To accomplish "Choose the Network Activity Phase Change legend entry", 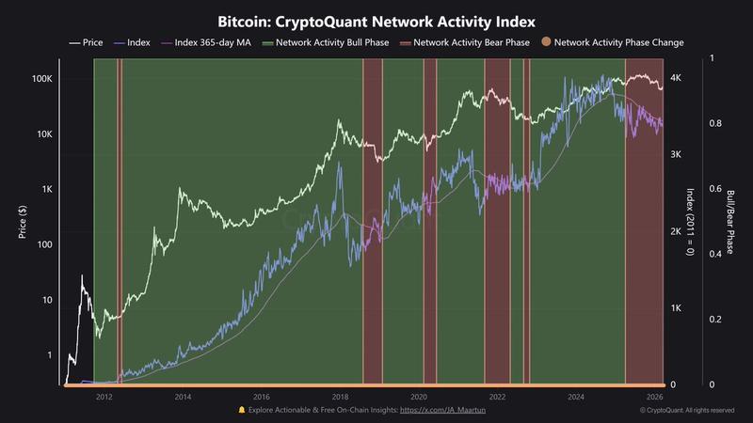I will [618, 42].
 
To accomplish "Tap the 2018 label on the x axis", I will [341, 397].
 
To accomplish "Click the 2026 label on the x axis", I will [656, 397].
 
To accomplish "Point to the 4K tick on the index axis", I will [676, 78].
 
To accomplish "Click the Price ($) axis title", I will [22, 222].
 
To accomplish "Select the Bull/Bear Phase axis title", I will [729, 222].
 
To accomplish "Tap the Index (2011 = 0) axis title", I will [690, 222].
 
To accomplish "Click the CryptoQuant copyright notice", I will [686, 410].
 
